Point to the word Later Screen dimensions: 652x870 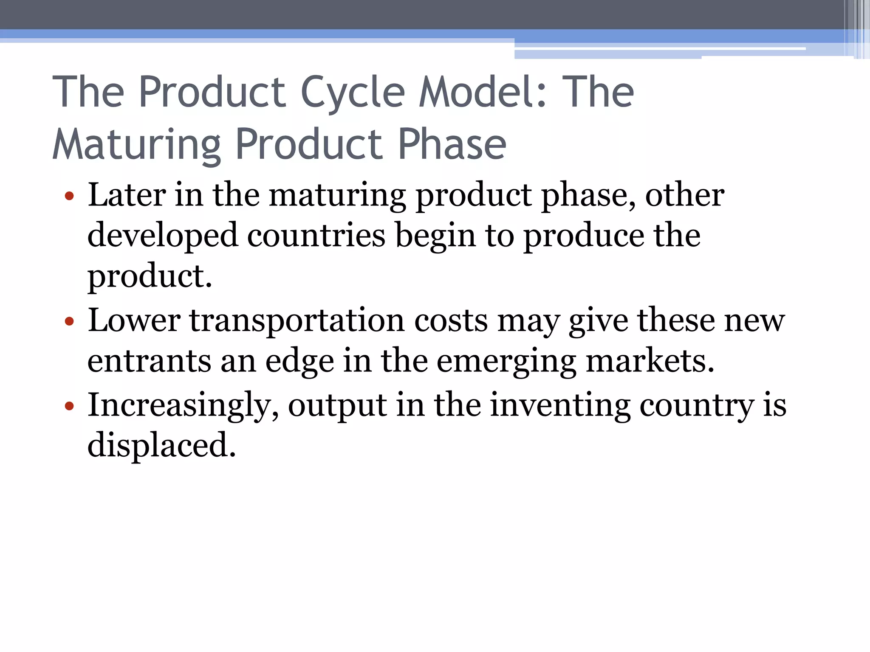[x=127, y=195]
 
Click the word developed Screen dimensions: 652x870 [x=162, y=236]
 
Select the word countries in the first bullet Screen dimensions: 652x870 [x=316, y=235]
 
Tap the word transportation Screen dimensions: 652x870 [x=297, y=320]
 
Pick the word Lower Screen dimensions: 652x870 [x=134, y=320]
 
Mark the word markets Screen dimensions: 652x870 [x=650, y=361]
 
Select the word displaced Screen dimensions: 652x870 [x=161, y=445]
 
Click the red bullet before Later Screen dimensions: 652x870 [x=69, y=197]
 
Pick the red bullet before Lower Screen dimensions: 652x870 [x=69, y=322]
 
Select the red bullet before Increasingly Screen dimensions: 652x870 [x=69, y=406]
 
